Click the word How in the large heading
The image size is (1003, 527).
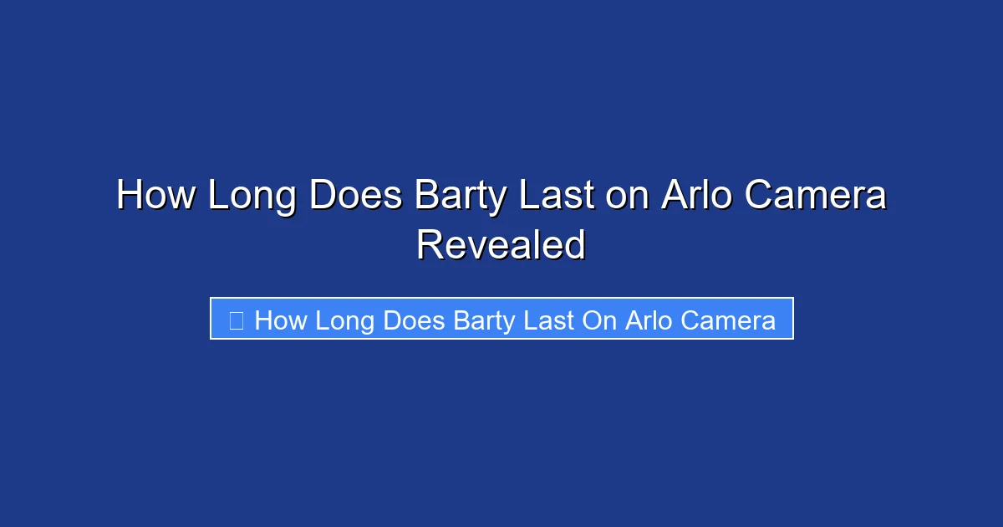(155, 197)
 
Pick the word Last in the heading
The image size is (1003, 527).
(556, 197)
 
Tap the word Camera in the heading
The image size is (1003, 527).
(815, 197)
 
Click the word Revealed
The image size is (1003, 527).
(501, 245)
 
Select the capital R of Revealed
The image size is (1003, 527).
(428, 245)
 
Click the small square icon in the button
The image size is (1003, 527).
(237, 320)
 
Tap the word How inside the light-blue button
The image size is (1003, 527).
(281, 320)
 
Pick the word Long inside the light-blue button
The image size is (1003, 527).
(349, 320)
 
